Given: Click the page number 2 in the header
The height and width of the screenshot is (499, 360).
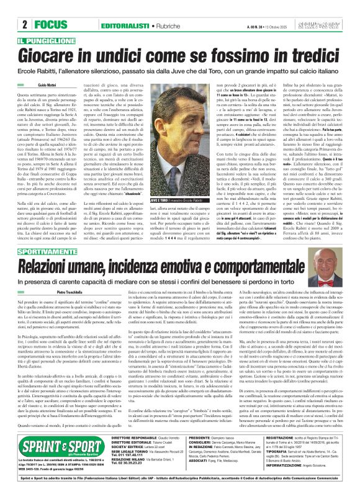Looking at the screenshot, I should tap(23, 25).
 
